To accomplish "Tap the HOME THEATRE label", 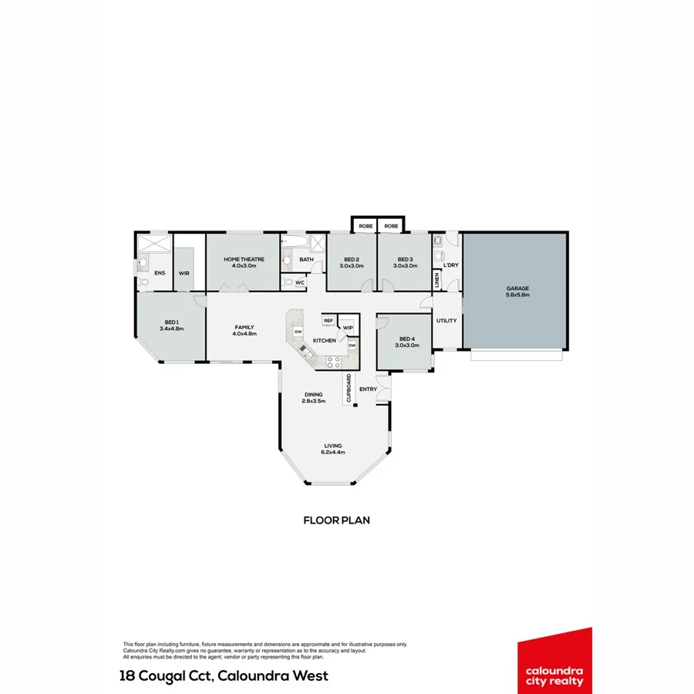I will pyautogui.click(x=244, y=259).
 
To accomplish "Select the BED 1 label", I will pyautogui.click(x=171, y=322).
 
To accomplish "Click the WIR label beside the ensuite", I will pyautogui.click(x=184, y=273).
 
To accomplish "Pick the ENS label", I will pyautogui.click(x=160, y=273).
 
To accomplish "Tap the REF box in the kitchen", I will pyautogui.click(x=328, y=321).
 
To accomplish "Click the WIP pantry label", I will pyautogui.click(x=348, y=327).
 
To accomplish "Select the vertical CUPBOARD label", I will pyautogui.click(x=349, y=389).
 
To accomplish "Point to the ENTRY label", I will pyautogui.click(x=368, y=389).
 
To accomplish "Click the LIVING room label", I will pyautogui.click(x=333, y=445).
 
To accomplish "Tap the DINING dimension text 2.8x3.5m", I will pyautogui.click(x=313, y=401).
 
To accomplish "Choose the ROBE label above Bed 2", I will pyautogui.click(x=365, y=226).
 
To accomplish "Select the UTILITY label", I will pyautogui.click(x=446, y=321).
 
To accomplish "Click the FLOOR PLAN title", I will pyautogui.click(x=336, y=520).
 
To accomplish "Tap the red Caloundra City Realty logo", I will pyautogui.click(x=554, y=659).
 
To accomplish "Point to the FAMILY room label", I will pyautogui.click(x=244, y=328).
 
